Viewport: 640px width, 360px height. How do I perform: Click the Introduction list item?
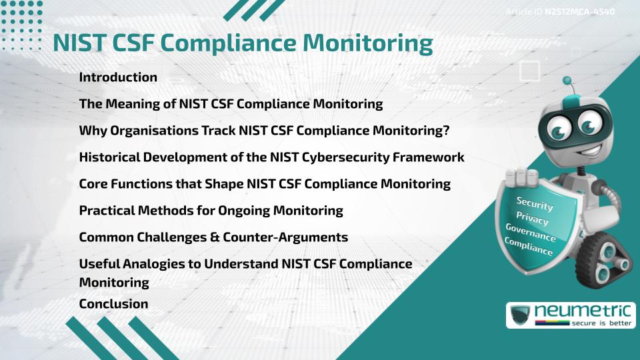pos(118,77)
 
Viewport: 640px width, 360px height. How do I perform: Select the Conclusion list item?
pos(113,304)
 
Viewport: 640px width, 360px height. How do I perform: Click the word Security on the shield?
pos(535,203)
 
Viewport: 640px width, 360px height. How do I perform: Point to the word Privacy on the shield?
pos(533,219)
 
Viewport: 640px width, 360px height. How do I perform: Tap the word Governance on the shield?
pos(531,233)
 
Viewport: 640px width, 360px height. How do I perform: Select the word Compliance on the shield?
pos(529,247)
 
